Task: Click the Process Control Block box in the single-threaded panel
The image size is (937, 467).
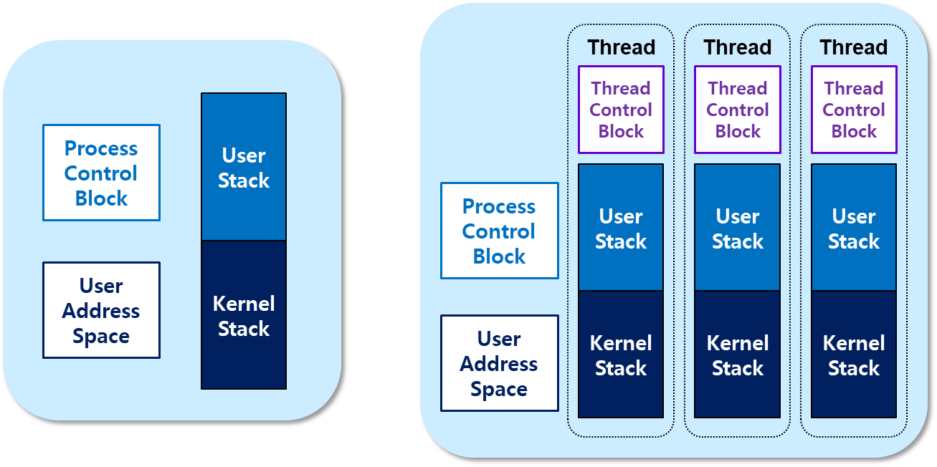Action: point(101,173)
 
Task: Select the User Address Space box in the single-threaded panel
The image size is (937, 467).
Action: point(101,310)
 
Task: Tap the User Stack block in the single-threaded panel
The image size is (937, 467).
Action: point(244,168)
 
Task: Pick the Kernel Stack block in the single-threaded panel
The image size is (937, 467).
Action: point(244,315)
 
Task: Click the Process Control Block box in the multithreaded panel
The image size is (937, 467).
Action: point(499,231)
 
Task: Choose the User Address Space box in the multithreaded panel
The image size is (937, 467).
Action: point(499,363)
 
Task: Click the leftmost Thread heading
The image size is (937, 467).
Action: point(621,47)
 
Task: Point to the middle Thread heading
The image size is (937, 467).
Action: point(738,47)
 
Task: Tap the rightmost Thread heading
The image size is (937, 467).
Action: point(854,47)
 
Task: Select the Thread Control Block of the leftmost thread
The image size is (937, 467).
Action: point(621,110)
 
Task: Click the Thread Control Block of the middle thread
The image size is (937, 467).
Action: point(738,110)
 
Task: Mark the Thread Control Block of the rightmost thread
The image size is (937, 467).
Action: point(854,110)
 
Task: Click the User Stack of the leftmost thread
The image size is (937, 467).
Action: point(621,228)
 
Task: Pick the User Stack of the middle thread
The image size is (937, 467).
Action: point(738,228)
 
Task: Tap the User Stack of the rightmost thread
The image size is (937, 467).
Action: point(854,228)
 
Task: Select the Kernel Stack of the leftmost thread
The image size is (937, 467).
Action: point(621,355)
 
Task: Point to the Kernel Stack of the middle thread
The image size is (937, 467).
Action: point(738,355)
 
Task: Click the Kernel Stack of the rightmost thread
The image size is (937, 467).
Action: point(854,355)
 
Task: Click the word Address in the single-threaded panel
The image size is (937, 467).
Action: point(101,311)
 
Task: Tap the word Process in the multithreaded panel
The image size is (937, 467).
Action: point(499,206)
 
